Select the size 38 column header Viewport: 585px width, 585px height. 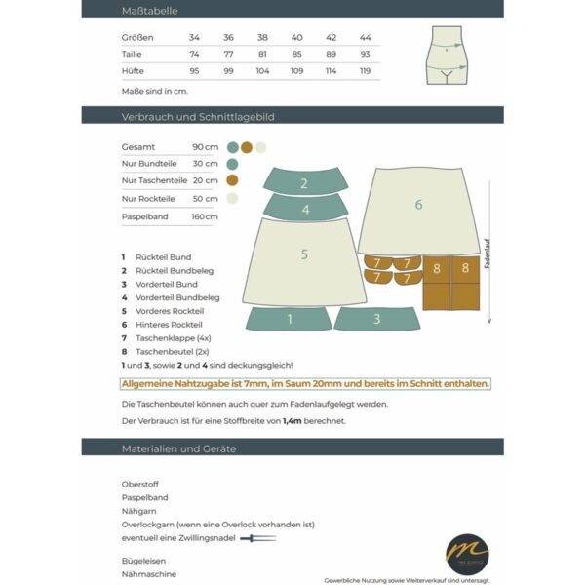click(262, 37)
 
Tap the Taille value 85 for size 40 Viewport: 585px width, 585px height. click(296, 55)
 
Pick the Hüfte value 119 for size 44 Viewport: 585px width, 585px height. click(364, 72)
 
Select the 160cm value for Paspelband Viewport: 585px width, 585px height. click(205, 215)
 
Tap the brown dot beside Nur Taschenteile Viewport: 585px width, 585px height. click(232, 180)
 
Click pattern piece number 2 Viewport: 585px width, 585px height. click(304, 182)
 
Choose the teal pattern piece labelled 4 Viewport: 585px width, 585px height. click(305, 209)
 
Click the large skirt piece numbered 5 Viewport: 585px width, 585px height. click(304, 255)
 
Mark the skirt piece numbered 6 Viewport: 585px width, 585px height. click(418, 206)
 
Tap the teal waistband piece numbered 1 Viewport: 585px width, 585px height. click(289, 318)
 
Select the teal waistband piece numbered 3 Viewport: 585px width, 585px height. click(376, 318)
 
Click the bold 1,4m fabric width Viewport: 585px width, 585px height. click(292, 421)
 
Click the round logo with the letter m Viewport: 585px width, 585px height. click(467, 554)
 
